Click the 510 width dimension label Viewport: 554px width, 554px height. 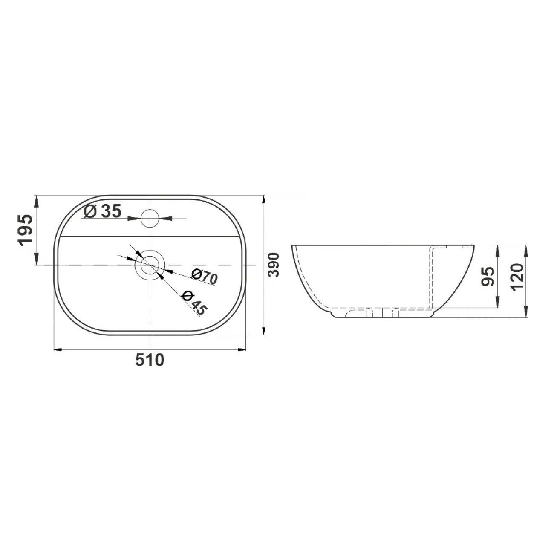tap(150, 360)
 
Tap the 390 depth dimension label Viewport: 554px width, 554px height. tap(274, 265)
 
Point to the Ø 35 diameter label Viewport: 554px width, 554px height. tap(103, 212)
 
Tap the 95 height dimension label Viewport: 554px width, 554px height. tap(488, 276)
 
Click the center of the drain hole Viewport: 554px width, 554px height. tap(150, 265)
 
